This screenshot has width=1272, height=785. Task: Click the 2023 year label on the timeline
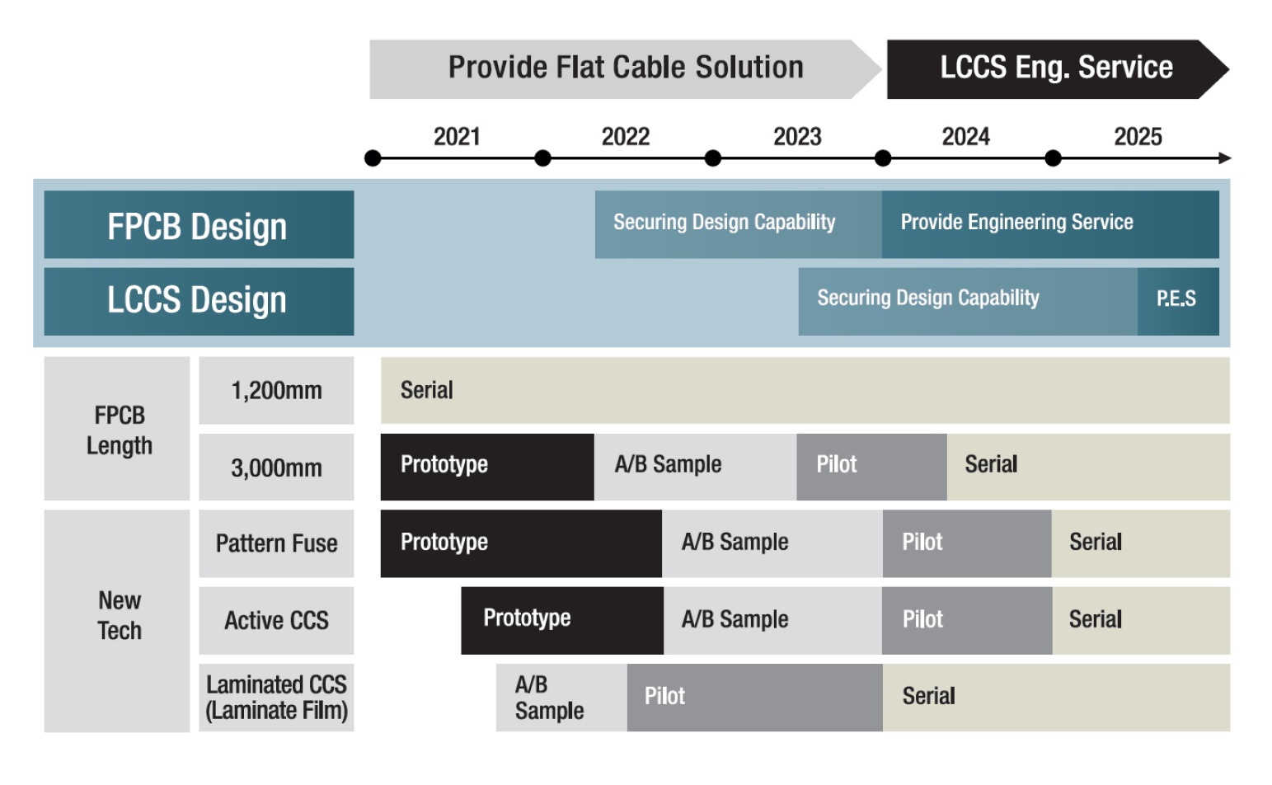(796, 137)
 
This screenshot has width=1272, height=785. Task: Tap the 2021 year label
(457, 137)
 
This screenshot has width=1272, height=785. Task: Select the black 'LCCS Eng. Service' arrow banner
(1058, 69)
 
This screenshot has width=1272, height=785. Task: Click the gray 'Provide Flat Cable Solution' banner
(625, 69)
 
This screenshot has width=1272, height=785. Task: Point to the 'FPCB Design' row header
(199, 224)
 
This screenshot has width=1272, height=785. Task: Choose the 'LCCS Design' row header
(199, 301)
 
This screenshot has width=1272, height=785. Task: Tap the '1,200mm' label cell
(276, 390)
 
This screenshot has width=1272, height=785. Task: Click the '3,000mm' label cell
(276, 467)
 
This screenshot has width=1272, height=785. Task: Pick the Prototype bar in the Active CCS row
(562, 620)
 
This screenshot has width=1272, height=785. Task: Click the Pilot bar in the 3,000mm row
(871, 467)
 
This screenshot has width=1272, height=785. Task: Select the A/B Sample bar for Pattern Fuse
(772, 543)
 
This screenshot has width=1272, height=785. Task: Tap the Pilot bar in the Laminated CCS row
(754, 698)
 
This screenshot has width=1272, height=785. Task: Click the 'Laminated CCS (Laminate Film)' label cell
(276, 698)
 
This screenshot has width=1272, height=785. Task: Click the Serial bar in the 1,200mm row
(805, 390)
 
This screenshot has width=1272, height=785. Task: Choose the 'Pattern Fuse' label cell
(276, 543)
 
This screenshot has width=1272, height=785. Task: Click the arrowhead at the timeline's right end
(1225, 158)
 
